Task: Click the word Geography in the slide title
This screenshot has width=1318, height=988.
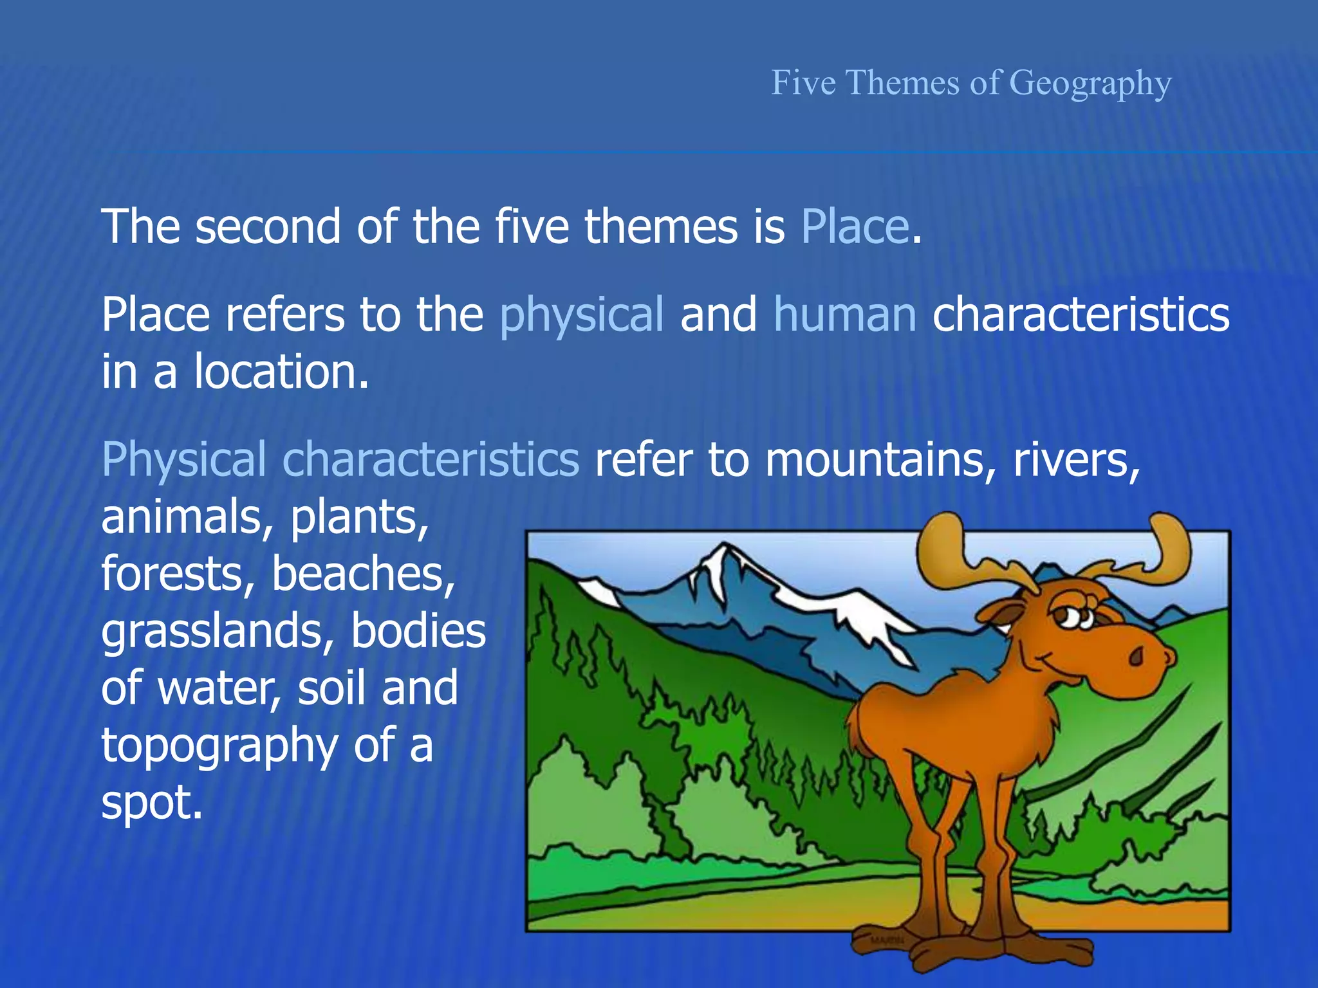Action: coord(1090,83)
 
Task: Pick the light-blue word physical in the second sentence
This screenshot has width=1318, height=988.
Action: coord(581,315)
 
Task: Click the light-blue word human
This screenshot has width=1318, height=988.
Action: coord(844,315)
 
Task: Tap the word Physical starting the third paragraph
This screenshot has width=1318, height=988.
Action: coord(183,460)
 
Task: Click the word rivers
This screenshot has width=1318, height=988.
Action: coord(1076,460)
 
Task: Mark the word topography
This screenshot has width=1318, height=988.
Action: coord(219,746)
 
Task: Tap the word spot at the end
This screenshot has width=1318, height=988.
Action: coord(151,802)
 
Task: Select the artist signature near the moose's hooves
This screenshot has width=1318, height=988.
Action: coord(887,940)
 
